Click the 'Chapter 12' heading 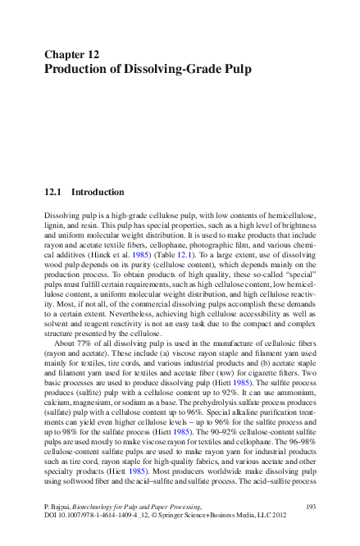coord(71,54)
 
